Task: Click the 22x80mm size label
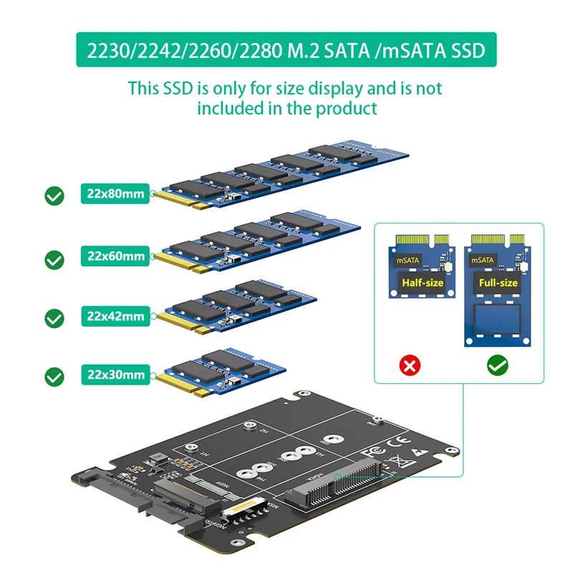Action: coord(115,194)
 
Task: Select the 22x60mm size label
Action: coord(115,256)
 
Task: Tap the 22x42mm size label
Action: coord(115,316)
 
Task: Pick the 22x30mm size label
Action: coord(115,375)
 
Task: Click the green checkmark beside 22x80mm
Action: coord(54,196)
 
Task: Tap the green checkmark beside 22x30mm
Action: coord(54,376)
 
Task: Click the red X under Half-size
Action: coord(411,367)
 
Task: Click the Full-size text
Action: coord(498,283)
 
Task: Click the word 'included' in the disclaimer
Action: coord(232,109)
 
